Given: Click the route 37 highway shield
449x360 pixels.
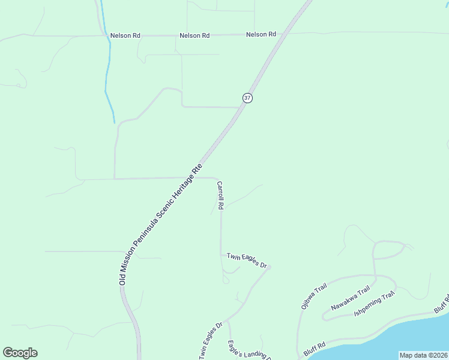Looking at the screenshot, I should tap(247, 98).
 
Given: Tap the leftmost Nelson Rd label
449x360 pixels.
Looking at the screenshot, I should tap(125, 36).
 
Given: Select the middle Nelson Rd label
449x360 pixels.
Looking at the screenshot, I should tap(194, 36).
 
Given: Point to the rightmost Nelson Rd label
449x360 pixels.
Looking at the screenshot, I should tap(261, 35).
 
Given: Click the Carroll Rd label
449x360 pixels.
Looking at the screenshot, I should tap(220, 196).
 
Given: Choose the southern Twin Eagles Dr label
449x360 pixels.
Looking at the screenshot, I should tap(210, 341).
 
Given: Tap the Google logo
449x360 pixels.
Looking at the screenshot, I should tap(20, 353).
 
